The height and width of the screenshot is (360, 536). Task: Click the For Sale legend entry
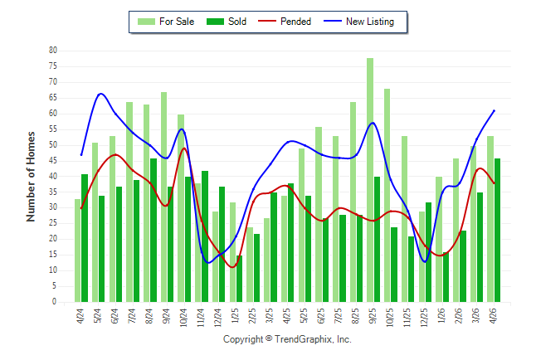(166, 22)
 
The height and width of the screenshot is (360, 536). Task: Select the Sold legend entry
(227, 22)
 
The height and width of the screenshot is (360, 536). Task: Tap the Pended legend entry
(285, 22)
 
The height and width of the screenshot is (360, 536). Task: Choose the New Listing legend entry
(359, 22)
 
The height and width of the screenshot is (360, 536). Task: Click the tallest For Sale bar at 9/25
(370, 180)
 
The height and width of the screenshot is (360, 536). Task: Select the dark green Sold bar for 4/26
(497, 230)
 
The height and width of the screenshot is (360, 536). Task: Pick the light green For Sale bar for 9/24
(163, 197)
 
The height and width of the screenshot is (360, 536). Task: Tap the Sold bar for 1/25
(239, 279)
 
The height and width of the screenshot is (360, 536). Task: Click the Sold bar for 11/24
(205, 236)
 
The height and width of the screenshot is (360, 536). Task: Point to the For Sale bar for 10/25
(387, 195)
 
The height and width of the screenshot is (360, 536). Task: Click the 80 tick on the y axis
(53, 51)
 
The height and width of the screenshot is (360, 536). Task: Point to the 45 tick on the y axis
(53, 161)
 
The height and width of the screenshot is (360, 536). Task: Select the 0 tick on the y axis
(55, 302)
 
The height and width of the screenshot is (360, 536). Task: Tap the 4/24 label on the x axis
(80, 316)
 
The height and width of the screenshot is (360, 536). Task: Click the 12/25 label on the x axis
(424, 318)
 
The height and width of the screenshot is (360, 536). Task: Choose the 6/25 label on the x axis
(321, 316)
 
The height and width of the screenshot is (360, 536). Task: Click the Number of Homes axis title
(31, 177)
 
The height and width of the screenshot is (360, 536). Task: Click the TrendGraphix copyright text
(287, 339)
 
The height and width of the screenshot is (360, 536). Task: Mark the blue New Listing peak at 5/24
(100, 94)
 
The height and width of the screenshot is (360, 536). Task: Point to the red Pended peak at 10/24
(184, 148)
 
